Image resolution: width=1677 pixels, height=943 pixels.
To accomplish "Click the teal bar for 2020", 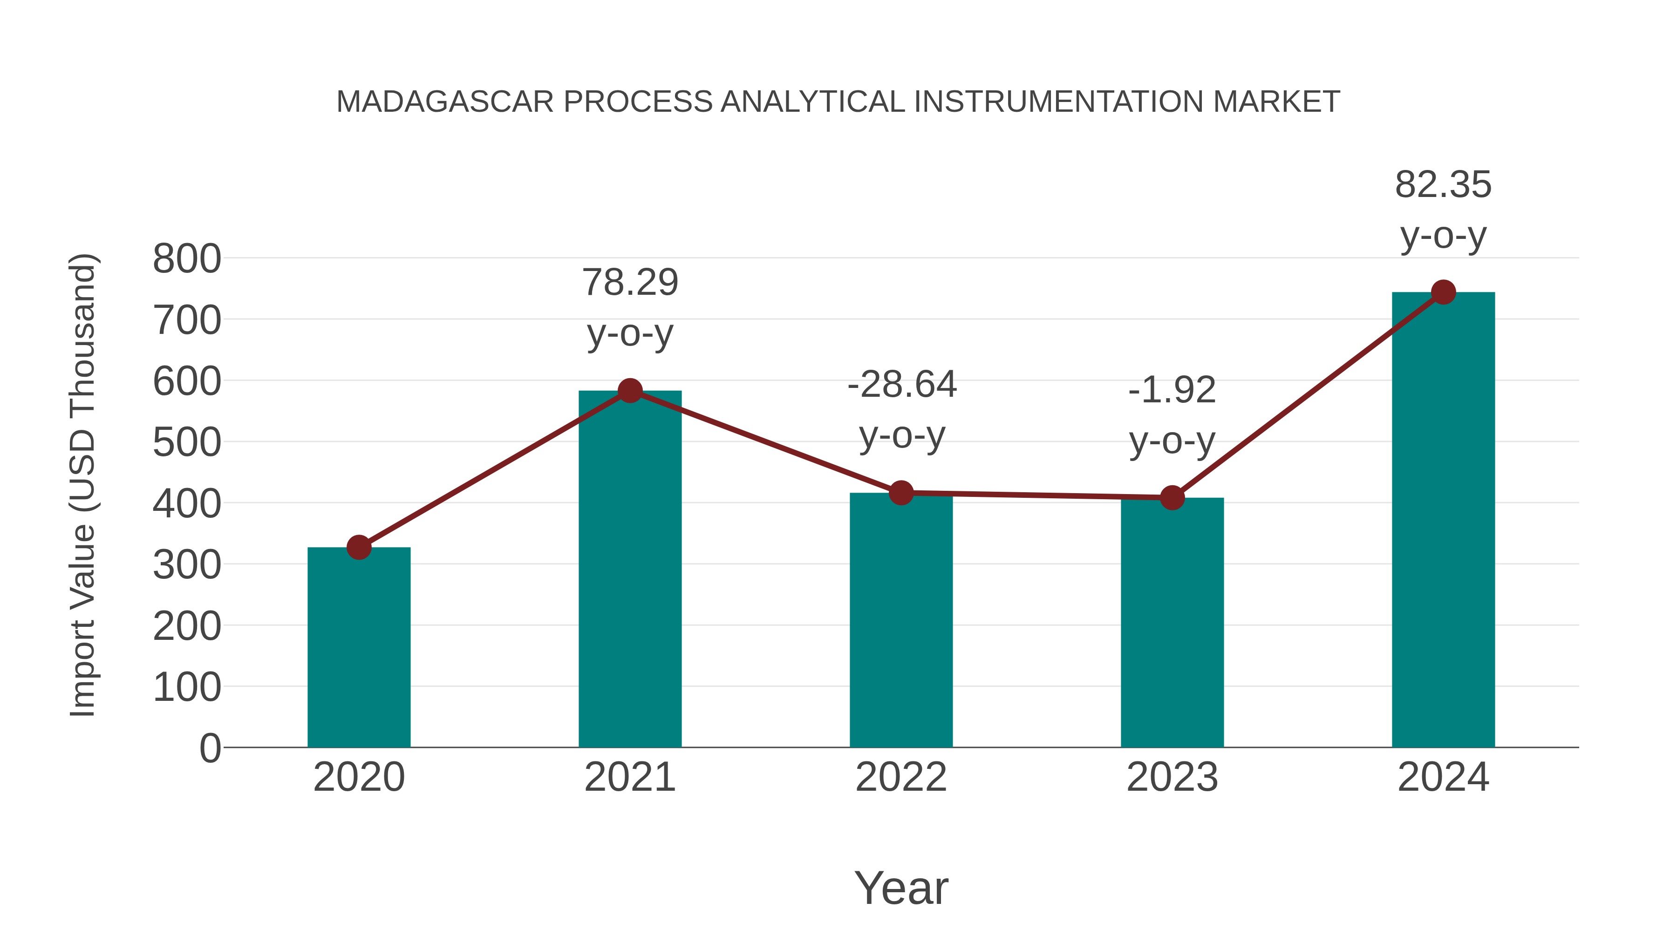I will pyautogui.click(x=359, y=648).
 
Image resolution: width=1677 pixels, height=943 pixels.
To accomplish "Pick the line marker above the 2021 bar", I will pyautogui.click(x=630, y=391).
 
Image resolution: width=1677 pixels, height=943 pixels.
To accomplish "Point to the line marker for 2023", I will pyautogui.click(x=1172, y=498).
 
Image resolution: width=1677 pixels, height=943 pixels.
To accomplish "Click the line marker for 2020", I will pyautogui.click(x=359, y=547).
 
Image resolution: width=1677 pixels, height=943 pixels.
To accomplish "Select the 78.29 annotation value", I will pyautogui.click(x=630, y=283).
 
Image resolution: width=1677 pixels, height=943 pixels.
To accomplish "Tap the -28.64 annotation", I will pyautogui.click(x=902, y=385).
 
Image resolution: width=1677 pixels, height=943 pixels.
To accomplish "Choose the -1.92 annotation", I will pyautogui.click(x=1172, y=391).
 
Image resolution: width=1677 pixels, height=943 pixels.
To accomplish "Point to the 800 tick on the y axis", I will pyautogui.click(x=187, y=259).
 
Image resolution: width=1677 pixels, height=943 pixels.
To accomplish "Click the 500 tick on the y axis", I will pyautogui.click(x=187, y=443).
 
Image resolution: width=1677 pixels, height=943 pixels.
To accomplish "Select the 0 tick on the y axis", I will pyautogui.click(x=210, y=748).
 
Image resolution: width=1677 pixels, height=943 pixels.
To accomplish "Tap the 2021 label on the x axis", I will pyautogui.click(x=630, y=777).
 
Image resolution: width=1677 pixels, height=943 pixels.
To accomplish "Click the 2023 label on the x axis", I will pyautogui.click(x=1172, y=777).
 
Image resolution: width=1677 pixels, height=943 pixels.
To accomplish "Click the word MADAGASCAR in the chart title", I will pyautogui.click(x=445, y=102).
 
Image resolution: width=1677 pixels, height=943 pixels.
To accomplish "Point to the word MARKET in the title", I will pyautogui.click(x=1276, y=102).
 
